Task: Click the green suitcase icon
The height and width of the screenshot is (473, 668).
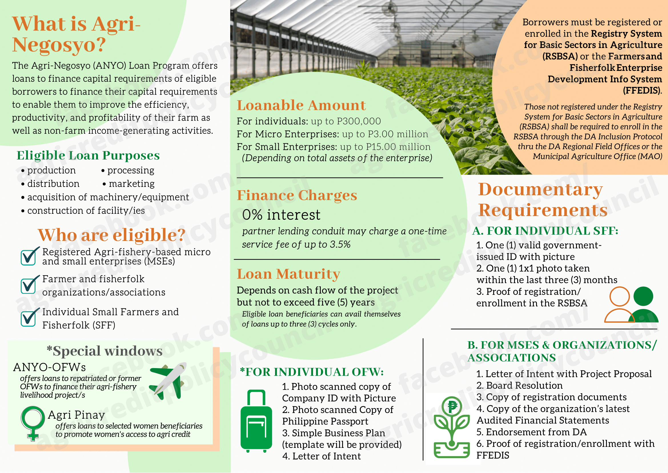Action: (x=256, y=421)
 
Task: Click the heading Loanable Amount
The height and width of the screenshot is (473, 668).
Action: (x=301, y=105)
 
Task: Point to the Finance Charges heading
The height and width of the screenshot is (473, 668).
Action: (x=297, y=195)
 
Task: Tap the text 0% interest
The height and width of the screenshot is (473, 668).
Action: (x=281, y=215)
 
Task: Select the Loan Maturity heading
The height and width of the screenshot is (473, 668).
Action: (x=288, y=274)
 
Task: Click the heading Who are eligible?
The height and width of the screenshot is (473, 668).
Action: (x=111, y=235)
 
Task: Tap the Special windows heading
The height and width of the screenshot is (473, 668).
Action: (x=105, y=351)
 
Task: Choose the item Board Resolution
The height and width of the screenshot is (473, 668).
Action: (x=519, y=386)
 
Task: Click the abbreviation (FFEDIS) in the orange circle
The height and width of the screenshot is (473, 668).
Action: (x=642, y=91)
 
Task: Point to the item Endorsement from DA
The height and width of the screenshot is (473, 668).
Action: (x=531, y=432)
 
